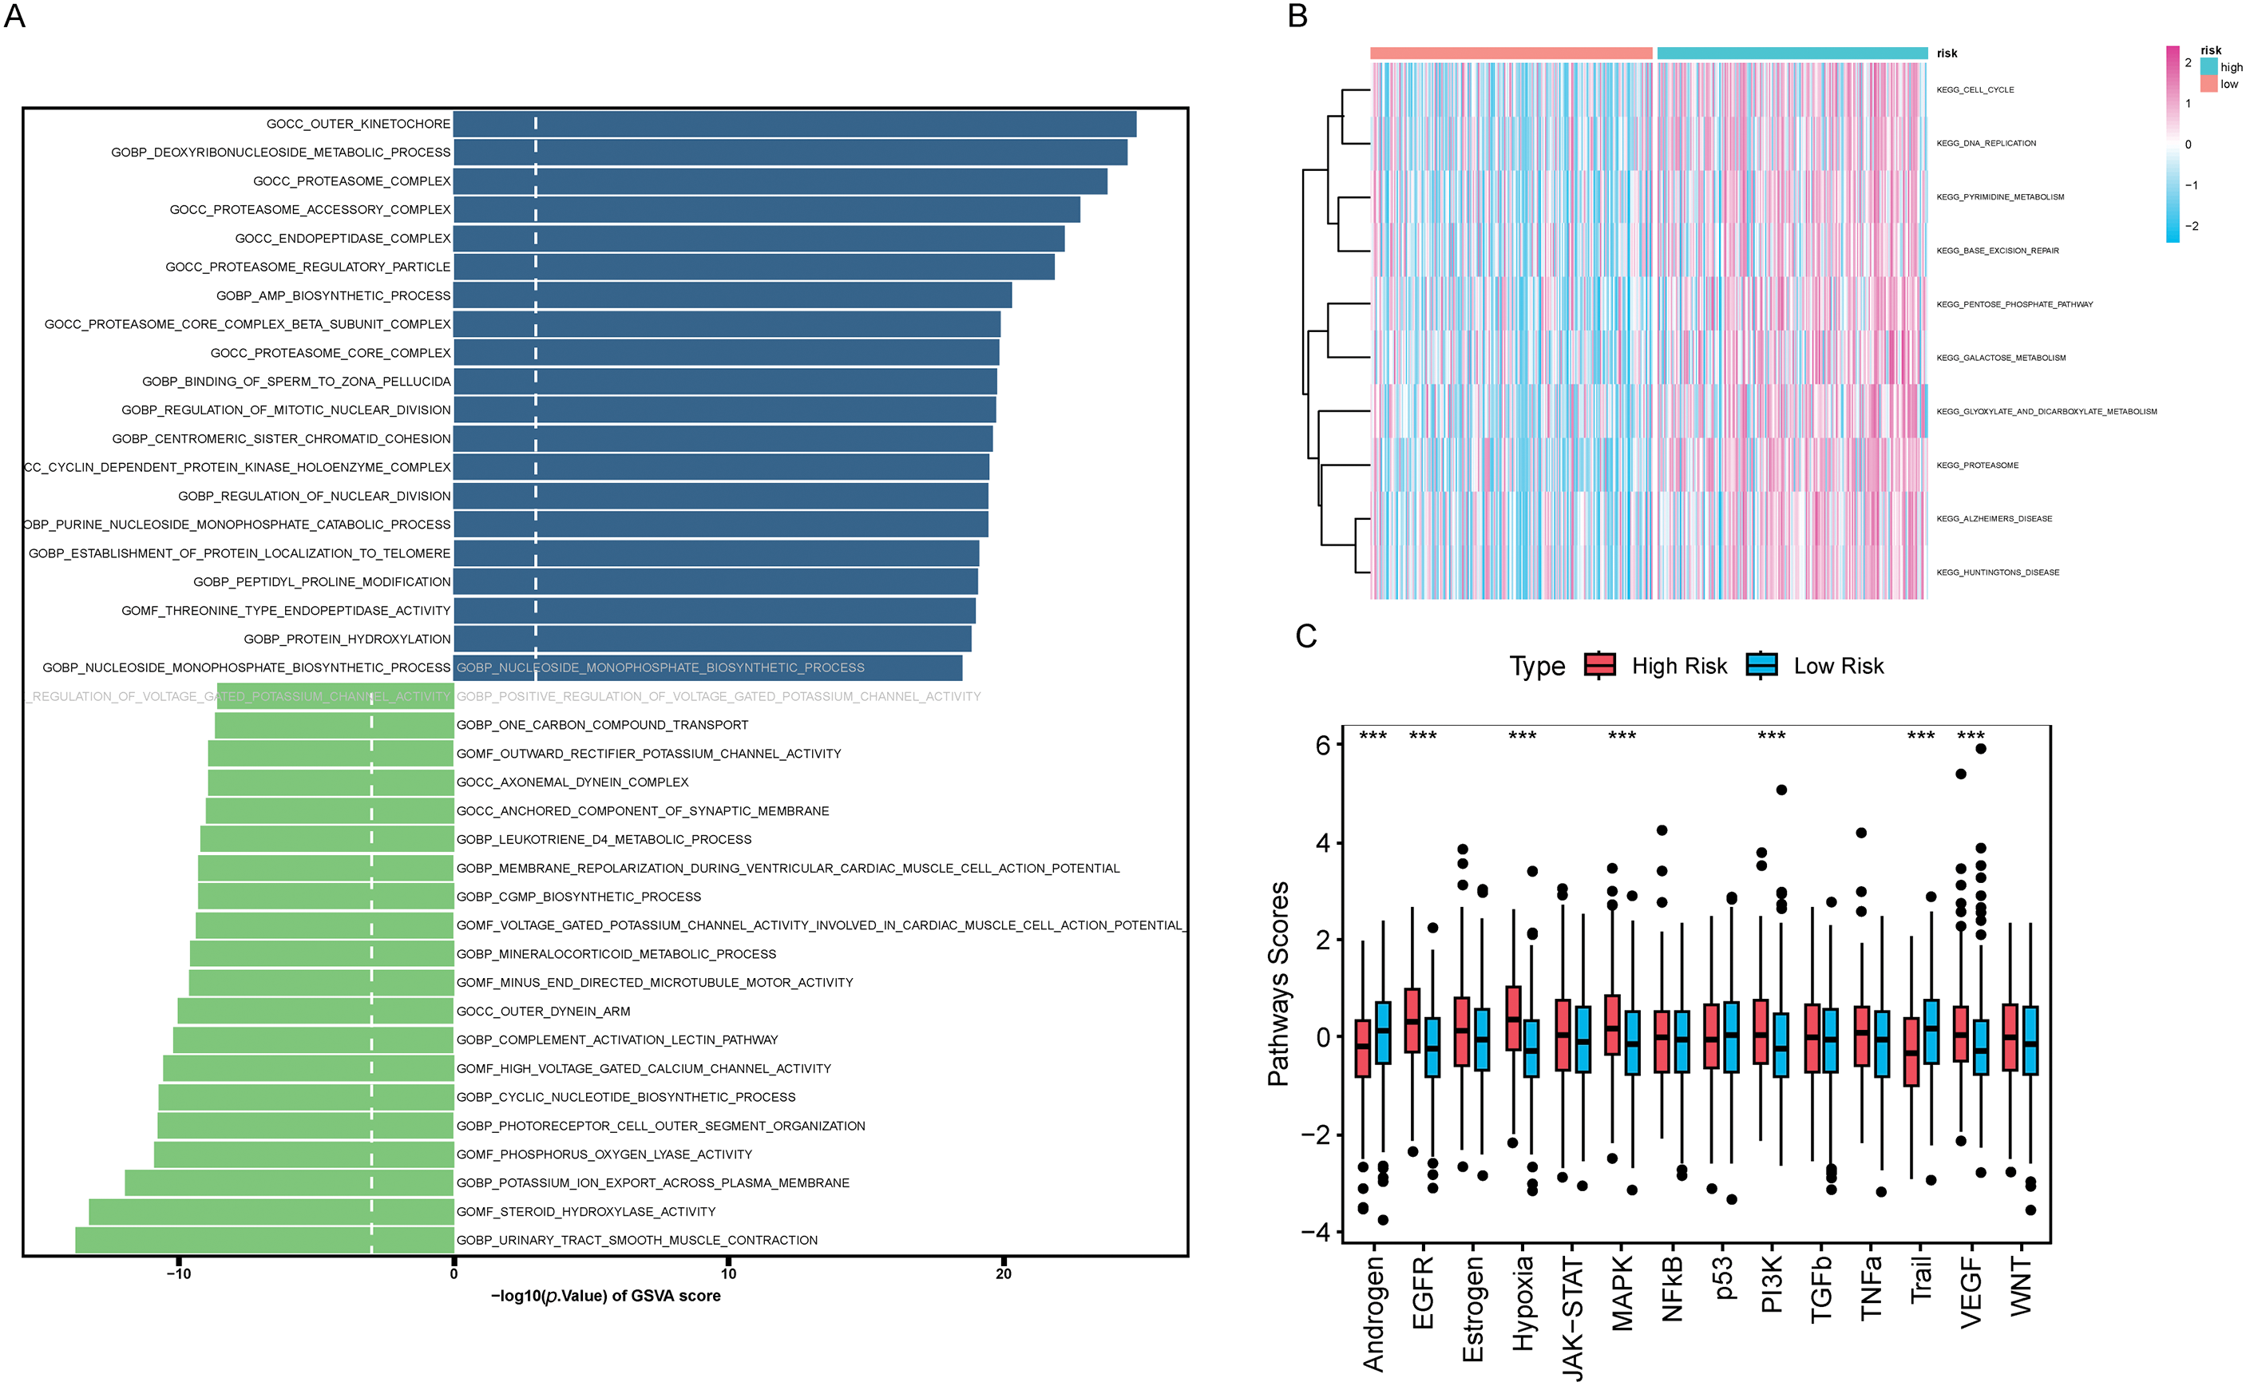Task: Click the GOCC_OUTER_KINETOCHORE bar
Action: (x=794, y=124)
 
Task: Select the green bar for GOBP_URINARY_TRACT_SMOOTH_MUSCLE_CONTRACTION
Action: (x=264, y=1240)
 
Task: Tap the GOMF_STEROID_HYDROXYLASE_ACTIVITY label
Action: (x=586, y=1212)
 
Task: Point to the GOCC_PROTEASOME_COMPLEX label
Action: (x=352, y=181)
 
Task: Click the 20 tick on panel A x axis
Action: (x=1004, y=1273)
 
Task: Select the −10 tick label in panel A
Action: (x=178, y=1273)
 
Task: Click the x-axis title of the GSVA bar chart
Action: (x=606, y=1296)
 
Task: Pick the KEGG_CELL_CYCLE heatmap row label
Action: (x=1975, y=90)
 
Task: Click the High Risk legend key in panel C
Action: (x=1600, y=666)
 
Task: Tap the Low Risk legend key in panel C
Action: (x=1761, y=666)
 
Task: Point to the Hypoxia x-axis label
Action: (x=1523, y=1301)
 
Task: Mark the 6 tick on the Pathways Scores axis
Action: (x=1322, y=745)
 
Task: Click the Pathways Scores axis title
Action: (x=1278, y=984)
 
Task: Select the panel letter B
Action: (x=1297, y=16)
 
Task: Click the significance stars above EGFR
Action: (x=1423, y=736)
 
